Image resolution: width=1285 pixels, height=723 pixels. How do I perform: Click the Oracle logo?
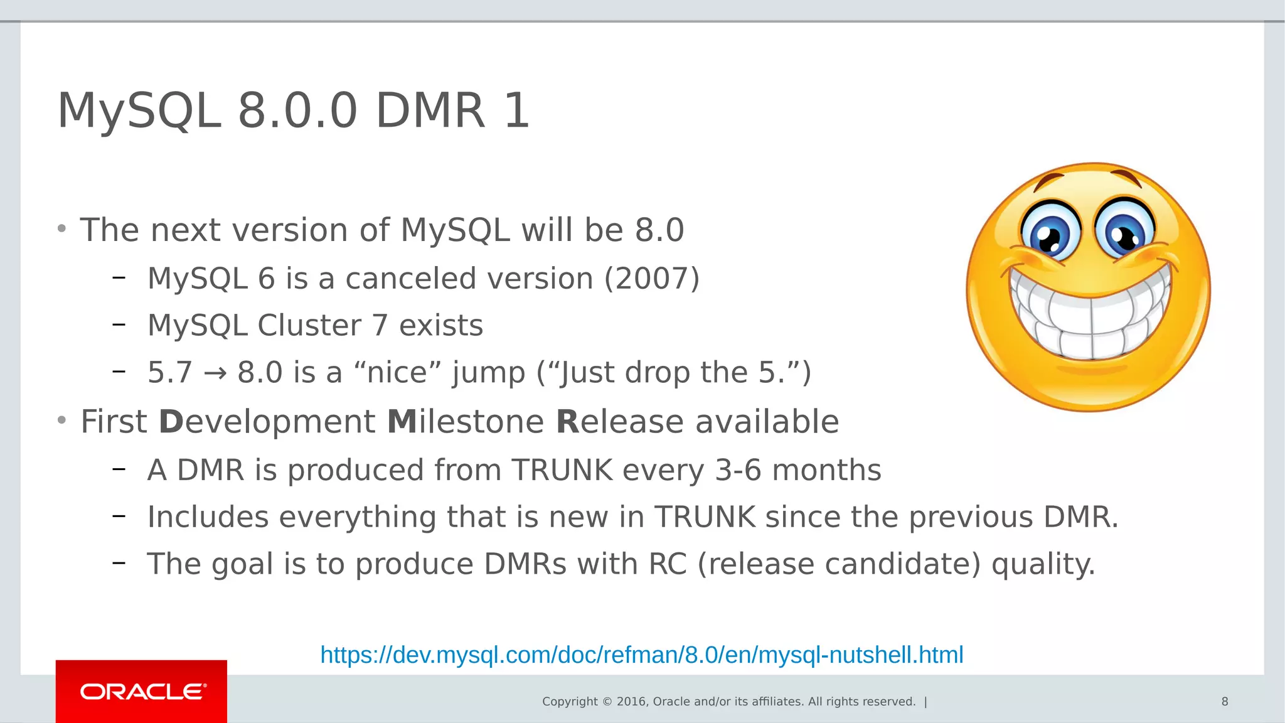tap(142, 692)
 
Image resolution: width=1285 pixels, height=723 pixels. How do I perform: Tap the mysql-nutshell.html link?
tap(641, 655)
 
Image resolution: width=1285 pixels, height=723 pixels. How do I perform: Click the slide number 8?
tap(1224, 702)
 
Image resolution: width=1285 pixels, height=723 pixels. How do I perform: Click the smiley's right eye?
tap(1124, 231)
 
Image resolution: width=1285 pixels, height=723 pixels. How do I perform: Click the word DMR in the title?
tap(430, 111)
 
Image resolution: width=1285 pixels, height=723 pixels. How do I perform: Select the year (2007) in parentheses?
tap(651, 279)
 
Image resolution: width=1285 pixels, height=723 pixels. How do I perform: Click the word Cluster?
tap(309, 326)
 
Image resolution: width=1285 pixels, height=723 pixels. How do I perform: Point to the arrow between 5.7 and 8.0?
tap(215, 373)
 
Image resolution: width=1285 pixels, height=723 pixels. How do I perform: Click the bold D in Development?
tap(171, 422)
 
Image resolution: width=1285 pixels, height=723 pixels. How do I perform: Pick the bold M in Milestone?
tap(402, 422)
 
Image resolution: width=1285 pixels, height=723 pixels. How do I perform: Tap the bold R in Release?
tap(568, 422)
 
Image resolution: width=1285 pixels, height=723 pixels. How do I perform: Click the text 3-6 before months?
tap(738, 470)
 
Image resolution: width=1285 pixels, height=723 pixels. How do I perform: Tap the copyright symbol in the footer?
tap(607, 702)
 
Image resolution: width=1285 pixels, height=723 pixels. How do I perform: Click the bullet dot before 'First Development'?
tap(61, 420)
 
